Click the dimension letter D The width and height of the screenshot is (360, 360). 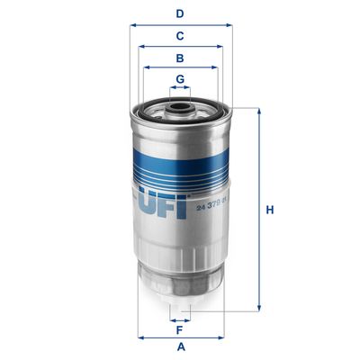coord(180,13)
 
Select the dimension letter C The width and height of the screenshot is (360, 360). coord(180,36)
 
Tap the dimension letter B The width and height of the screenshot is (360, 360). coord(180,58)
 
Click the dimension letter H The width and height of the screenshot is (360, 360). coord(269,211)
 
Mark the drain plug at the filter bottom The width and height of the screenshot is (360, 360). coord(180,301)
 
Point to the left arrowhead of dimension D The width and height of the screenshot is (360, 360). coord(133,25)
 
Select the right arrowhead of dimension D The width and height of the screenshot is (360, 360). coord(229,25)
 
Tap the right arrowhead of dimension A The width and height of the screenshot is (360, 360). coord(221,337)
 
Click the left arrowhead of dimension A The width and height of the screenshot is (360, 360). coord(140,337)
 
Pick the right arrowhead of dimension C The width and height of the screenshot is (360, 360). coord(221,47)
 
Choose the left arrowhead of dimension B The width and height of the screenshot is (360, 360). coord(146,67)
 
